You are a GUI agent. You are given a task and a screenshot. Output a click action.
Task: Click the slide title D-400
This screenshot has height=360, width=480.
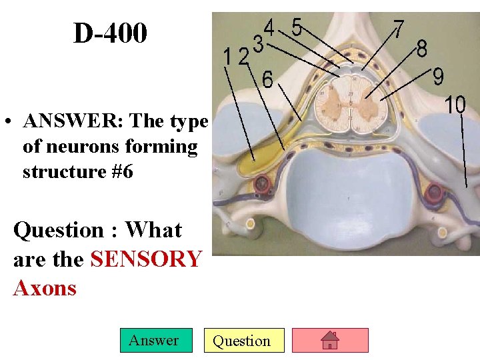pos(110,33)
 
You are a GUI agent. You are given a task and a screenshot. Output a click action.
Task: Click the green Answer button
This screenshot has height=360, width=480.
pos(153,341)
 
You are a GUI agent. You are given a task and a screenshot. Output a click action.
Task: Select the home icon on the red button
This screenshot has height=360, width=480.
pos(330,341)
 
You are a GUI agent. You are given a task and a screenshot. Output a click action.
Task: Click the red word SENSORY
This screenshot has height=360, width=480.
pos(145,259)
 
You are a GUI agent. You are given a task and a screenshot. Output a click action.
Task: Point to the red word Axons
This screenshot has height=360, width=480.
pos(45,288)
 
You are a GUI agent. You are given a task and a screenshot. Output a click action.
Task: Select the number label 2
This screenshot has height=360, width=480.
pos(244,57)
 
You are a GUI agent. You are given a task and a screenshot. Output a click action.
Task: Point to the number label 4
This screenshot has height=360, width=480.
pos(270,27)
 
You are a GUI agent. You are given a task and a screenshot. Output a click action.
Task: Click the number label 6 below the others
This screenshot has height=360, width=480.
pos(266,79)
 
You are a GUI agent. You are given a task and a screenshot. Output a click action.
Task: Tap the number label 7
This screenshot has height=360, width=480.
pos(398,29)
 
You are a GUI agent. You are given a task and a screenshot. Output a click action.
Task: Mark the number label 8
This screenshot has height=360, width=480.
pos(422,49)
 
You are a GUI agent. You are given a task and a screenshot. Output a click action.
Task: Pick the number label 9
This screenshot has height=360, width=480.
pos(438,77)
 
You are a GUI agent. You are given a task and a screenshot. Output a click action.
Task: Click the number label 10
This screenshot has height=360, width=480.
pos(455,105)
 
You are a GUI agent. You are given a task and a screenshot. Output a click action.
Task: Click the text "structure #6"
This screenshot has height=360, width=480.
pos(78,171)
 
